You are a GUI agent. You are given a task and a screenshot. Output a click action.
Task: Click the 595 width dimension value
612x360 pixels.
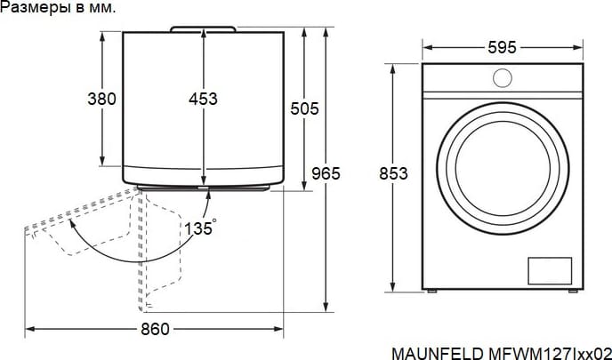(x=502, y=48)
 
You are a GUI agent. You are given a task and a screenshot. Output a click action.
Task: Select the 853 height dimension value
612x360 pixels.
(x=393, y=173)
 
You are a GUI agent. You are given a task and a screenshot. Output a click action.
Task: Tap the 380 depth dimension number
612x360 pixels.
(x=102, y=99)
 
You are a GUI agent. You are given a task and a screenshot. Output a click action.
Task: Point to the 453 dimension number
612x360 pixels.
(x=203, y=99)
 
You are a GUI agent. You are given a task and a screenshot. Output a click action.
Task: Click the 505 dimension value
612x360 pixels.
(x=304, y=108)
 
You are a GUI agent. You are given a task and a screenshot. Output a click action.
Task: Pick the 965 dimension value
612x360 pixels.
(x=326, y=173)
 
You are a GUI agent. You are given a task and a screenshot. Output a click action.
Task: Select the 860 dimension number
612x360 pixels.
(x=156, y=330)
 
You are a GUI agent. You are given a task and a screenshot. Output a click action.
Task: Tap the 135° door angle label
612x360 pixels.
(x=200, y=228)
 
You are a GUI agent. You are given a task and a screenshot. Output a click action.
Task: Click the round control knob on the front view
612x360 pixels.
(x=503, y=78)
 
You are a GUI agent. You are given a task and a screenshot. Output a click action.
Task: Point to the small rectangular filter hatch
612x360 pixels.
(x=550, y=271)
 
